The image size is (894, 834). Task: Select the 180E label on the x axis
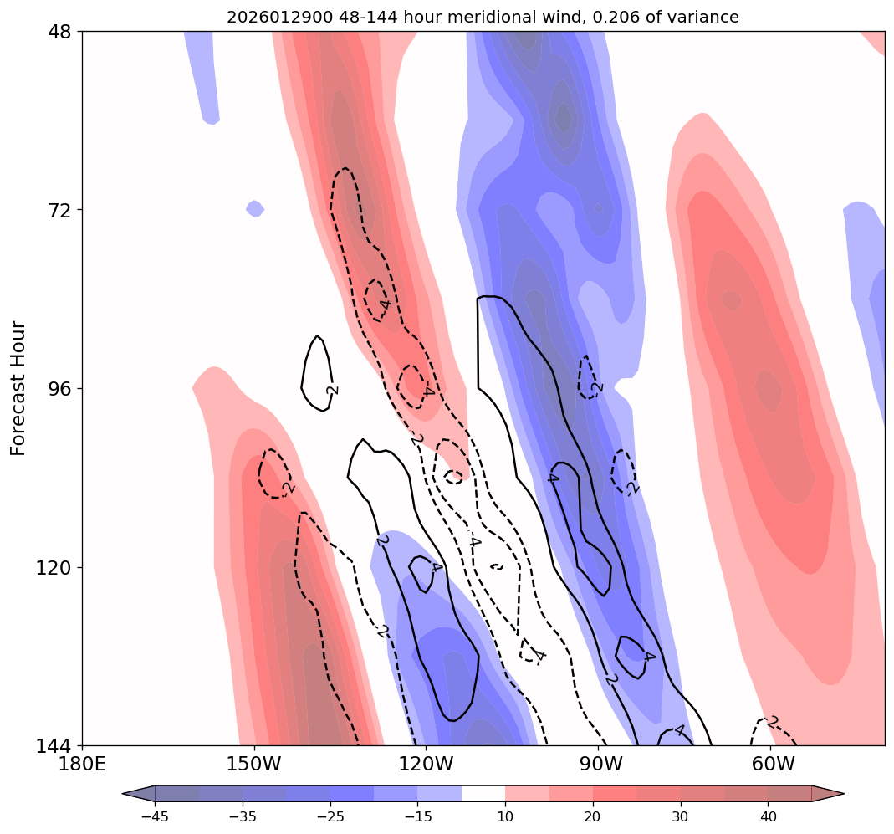[83, 763]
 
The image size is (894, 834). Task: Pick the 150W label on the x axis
[254, 763]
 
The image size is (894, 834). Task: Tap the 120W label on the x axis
[427, 763]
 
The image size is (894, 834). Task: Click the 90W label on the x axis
[599, 763]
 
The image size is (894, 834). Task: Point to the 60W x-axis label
[771, 763]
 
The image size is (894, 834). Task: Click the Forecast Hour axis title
[18, 388]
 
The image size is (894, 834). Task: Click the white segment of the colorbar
[483, 793]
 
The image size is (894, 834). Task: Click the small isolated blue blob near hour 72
[255, 208]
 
